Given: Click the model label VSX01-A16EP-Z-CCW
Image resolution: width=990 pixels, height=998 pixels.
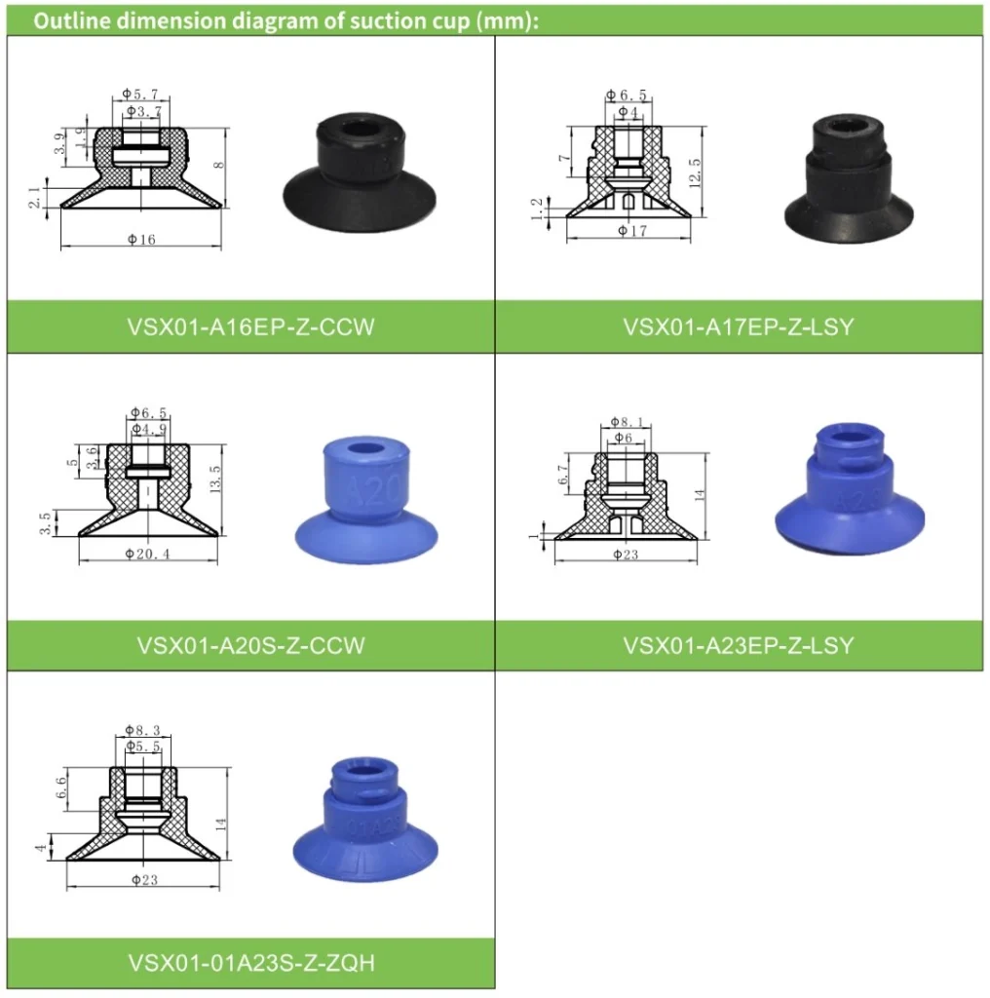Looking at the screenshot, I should pyautogui.click(x=250, y=326).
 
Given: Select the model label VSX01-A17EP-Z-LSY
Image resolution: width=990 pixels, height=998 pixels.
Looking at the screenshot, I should pyautogui.click(x=738, y=326).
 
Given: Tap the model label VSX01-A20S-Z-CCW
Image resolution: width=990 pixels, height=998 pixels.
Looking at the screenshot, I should pyautogui.click(x=250, y=645).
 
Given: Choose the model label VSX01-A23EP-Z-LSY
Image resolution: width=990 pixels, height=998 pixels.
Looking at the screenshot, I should pyautogui.click(x=738, y=645).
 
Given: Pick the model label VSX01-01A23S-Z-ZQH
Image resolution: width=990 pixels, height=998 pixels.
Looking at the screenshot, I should pyautogui.click(x=250, y=963).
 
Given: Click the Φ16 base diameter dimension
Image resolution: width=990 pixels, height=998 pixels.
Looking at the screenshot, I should pyautogui.click(x=139, y=240).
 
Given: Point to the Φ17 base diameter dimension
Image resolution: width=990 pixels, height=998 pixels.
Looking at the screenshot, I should pyautogui.click(x=632, y=231).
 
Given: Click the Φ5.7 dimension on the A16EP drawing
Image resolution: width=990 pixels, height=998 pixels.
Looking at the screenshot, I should pyautogui.click(x=140, y=94).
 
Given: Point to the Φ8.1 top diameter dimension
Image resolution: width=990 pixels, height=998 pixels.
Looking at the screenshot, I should pyautogui.click(x=628, y=422).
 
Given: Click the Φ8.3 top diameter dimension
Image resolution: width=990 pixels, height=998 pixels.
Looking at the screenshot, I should pyautogui.click(x=142, y=729).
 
